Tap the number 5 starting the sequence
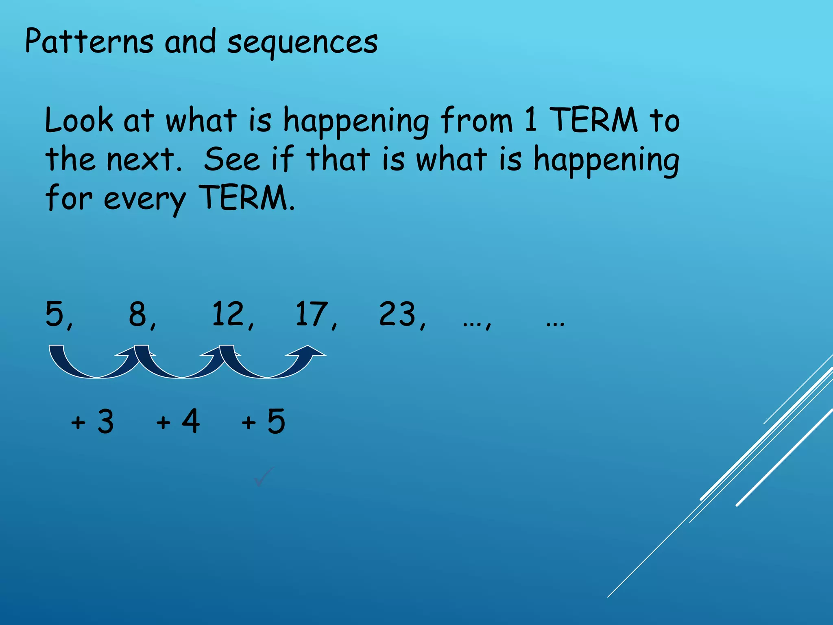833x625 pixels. (x=55, y=314)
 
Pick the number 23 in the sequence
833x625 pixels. (x=398, y=314)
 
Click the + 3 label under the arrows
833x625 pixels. (x=92, y=422)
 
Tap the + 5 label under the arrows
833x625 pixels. (x=264, y=422)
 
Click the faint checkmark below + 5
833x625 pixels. (x=264, y=476)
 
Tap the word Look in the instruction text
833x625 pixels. (x=79, y=120)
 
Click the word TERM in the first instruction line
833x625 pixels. (x=594, y=120)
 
